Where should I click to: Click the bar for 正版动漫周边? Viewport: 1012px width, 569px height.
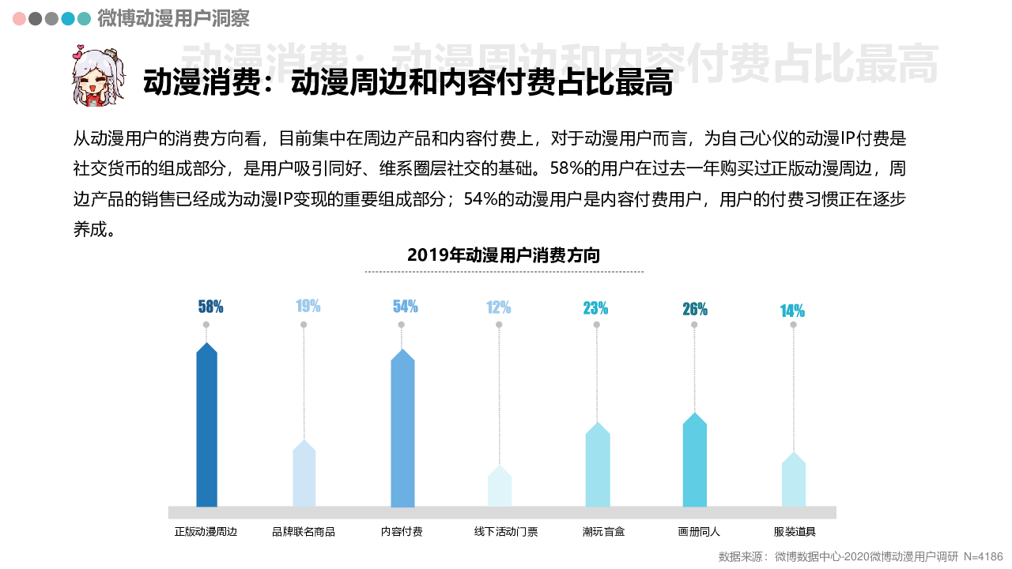click(206, 427)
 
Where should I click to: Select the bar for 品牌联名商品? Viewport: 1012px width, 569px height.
click(304, 474)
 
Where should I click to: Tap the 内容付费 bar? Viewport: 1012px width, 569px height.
click(402, 431)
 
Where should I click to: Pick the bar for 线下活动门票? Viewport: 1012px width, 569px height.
click(500, 487)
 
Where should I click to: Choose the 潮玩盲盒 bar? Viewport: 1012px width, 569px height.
click(598, 466)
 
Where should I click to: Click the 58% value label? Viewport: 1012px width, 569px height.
click(210, 307)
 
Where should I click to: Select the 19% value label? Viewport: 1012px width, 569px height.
click(308, 307)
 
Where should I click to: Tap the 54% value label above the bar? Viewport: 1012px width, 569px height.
click(405, 307)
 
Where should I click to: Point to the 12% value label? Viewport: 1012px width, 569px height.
click(498, 307)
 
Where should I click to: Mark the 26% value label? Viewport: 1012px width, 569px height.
click(695, 309)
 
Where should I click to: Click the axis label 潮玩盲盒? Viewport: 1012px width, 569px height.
click(603, 532)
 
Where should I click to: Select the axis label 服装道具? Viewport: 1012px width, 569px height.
click(794, 532)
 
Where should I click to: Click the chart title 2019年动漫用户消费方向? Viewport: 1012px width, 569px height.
click(504, 255)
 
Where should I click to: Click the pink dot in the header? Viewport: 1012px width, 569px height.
click(19, 18)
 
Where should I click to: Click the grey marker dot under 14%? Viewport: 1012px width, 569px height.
click(793, 325)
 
